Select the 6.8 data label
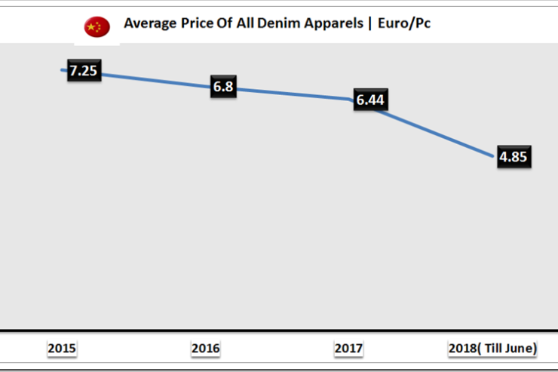click(x=223, y=87)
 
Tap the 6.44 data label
click(x=369, y=100)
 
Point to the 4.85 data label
click(x=514, y=158)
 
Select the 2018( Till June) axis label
click(x=492, y=348)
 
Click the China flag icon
click(x=97, y=26)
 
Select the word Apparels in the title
click(x=317, y=24)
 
